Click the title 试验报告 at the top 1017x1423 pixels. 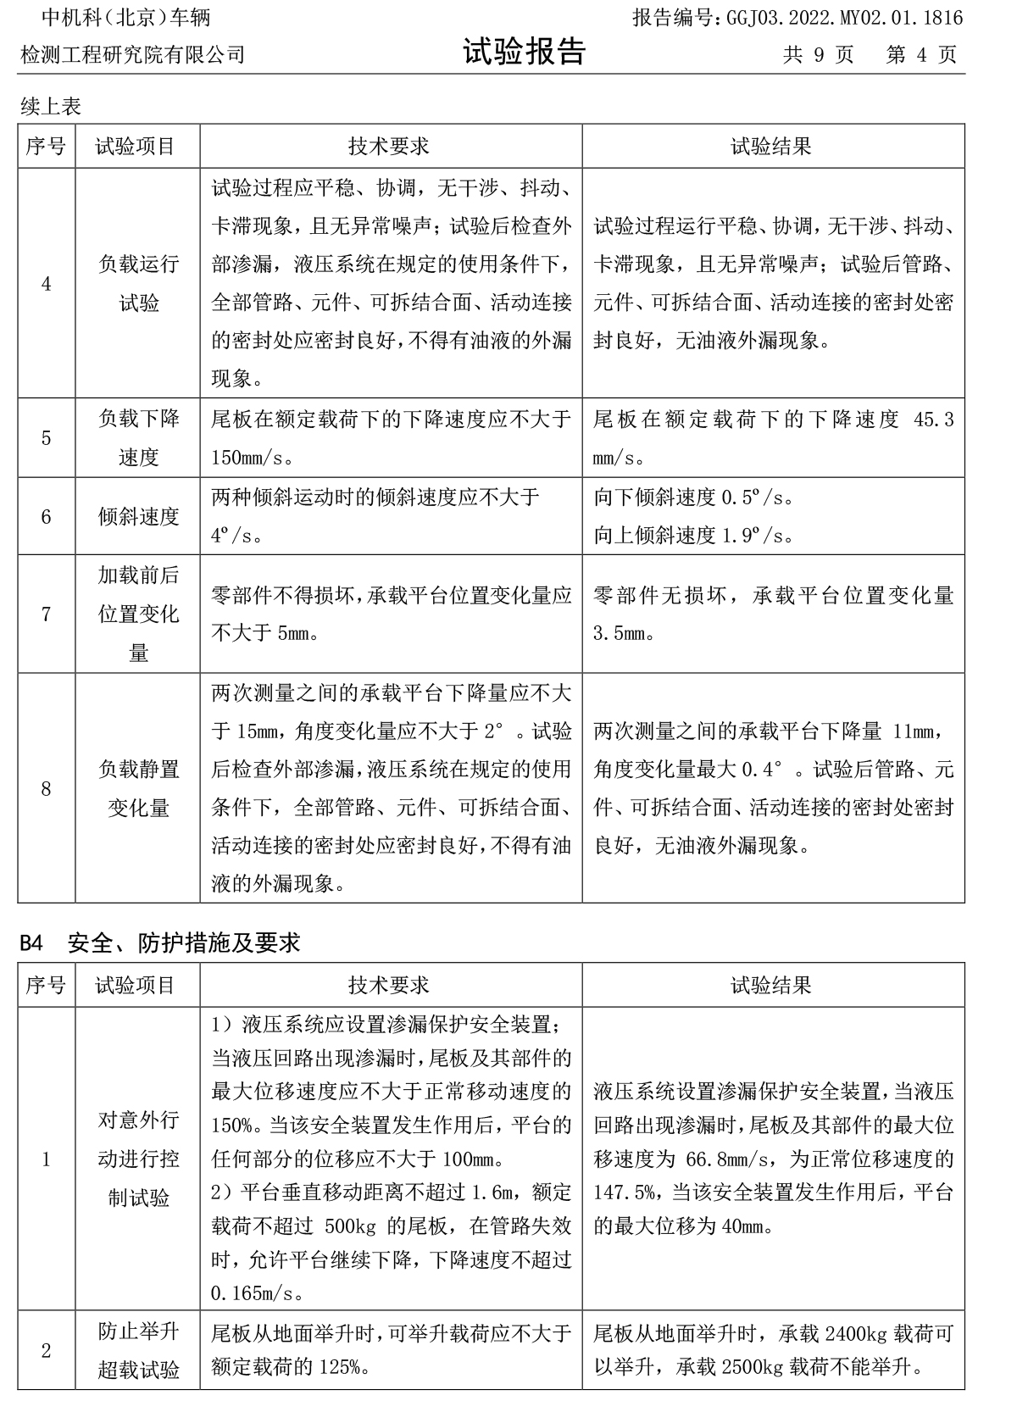coord(524,53)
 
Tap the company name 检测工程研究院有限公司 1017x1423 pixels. coord(133,55)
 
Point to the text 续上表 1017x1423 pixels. coord(51,107)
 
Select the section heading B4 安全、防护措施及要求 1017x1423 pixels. coord(159,942)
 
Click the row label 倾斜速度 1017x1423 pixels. coord(138,516)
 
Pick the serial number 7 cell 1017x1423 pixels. coord(46,614)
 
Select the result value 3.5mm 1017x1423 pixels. coord(619,633)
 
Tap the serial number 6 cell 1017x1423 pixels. coord(46,516)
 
